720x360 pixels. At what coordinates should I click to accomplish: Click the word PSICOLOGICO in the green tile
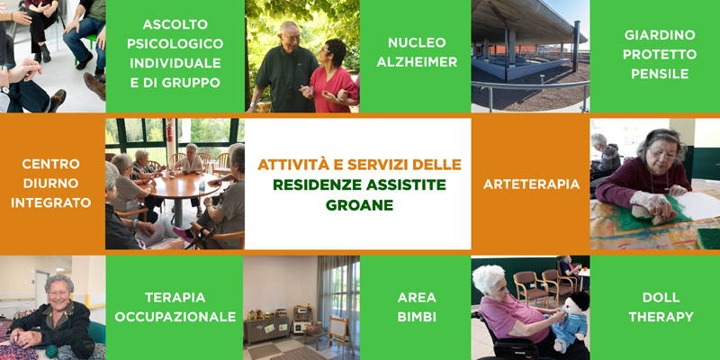click(175, 43)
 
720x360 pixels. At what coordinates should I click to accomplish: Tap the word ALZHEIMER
click(417, 62)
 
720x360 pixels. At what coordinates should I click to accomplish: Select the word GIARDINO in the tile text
click(660, 35)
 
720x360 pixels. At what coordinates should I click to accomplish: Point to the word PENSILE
click(660, 74)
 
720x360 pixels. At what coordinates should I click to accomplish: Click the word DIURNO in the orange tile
click(51, 184)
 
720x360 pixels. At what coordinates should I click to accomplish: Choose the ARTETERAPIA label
click(531, 184)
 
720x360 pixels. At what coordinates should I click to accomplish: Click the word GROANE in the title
click(359, 205)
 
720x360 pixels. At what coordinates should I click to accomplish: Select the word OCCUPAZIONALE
click(175, 317)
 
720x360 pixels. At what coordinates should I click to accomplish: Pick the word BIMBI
click(417, 317)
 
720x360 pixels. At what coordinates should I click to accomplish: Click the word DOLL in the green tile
click(661, 298)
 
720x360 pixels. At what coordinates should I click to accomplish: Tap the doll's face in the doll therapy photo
click(572, 305)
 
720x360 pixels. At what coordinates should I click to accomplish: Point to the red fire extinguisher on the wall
click(169, 133)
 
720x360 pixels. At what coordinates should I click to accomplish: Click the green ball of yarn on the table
click(52, 351)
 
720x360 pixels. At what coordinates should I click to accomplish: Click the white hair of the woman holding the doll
click(488, 278)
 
